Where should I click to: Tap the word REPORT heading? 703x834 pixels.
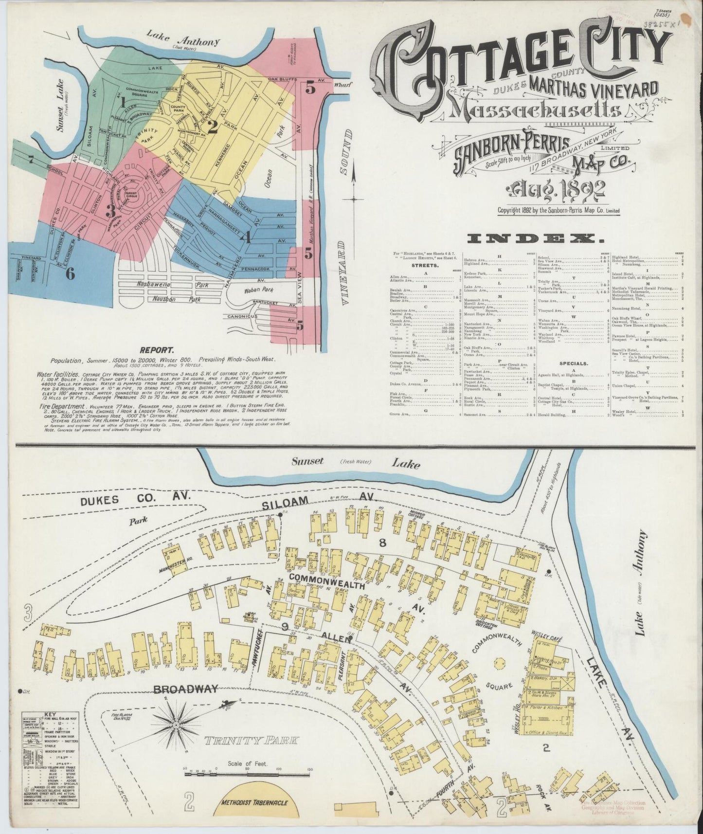pyautogui.click(x=157, y=350)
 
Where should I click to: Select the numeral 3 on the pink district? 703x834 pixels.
pyautogui.click(x=111, y=211)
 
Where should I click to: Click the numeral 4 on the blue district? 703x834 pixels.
pyautogui.click(x=246, y=238)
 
